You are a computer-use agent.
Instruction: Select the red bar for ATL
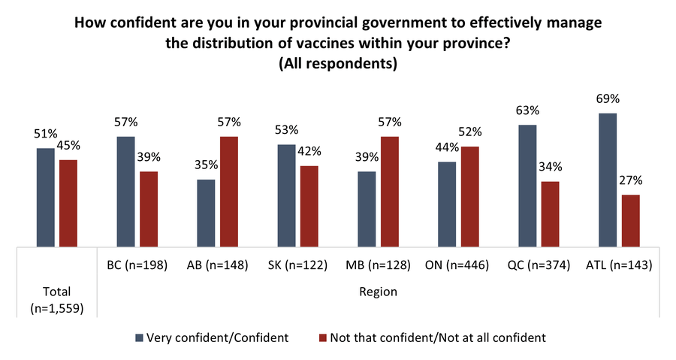click(630, 220)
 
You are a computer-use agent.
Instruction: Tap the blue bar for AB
click(206, 213)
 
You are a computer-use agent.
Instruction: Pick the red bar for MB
click(391, 191)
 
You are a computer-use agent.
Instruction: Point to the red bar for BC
click(149, 208)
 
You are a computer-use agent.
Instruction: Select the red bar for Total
click(68, 202)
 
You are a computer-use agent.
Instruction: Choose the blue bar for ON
click(447, 204)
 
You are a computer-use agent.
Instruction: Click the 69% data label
click(608, 99)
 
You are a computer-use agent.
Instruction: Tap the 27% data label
click(631, 181)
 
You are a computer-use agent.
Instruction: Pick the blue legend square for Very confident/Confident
click(140, 337)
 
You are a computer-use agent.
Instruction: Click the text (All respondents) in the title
click(337, 64)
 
